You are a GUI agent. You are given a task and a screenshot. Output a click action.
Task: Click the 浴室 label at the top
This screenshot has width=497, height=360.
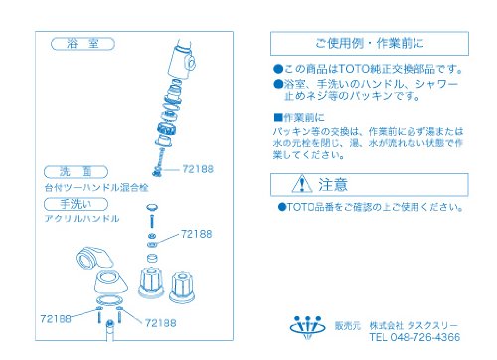[83, 44]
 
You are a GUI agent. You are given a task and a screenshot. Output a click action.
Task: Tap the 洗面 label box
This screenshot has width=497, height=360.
[76, 172]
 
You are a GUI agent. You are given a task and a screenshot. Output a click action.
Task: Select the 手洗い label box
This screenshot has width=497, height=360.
[76, 204]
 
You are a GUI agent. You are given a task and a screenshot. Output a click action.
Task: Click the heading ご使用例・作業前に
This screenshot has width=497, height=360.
[370, 43]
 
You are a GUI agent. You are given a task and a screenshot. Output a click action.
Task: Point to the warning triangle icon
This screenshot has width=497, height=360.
[302, 184]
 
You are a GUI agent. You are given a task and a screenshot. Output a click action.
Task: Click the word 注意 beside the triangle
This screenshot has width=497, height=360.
[333, 184]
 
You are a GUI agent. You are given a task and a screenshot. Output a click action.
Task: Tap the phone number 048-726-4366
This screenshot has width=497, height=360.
[425, 337]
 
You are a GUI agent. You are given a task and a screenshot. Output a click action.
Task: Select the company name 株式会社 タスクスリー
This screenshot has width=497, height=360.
[414, 325]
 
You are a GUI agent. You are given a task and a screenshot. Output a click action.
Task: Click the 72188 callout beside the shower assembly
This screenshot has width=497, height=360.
[198, 169]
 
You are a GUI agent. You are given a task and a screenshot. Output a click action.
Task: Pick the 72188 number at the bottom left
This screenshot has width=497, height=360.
[56, 319]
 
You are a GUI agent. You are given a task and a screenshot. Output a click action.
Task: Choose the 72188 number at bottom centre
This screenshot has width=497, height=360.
[161, 323]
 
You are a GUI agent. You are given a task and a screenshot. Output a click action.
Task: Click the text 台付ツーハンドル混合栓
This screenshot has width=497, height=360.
[96, 188]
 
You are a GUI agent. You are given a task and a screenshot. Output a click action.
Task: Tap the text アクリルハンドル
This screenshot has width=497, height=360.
[82, 219]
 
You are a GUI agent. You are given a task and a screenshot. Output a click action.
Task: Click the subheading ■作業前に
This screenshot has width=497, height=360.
[299, 117]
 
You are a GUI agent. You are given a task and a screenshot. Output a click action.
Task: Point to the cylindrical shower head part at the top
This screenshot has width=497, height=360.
[182, 60]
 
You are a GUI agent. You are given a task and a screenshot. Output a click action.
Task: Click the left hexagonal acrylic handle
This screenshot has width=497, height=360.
[151, 282]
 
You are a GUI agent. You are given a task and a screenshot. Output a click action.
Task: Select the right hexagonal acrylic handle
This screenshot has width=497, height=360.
[182, 287]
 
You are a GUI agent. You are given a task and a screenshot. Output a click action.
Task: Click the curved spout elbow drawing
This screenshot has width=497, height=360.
[94, 258]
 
